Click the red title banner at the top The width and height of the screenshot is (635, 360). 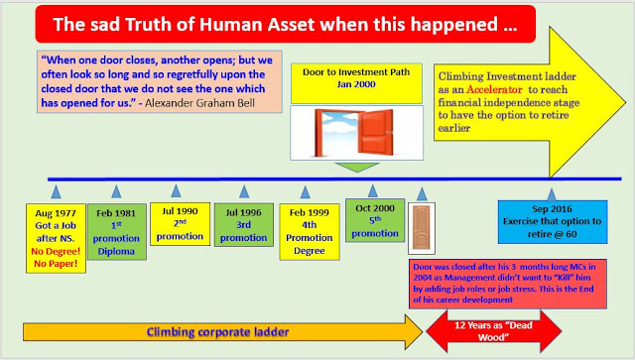click(x=286, y=24)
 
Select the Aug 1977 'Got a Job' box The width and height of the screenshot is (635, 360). click(x=56, y=239)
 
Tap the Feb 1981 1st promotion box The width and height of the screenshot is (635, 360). click(x=117, y=232)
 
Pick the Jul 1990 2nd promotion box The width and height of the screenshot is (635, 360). click(x=180, y=224)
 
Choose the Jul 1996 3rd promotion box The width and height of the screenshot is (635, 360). click(x=244, y=225)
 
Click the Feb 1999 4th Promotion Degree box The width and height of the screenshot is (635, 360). click(x=310, y=232)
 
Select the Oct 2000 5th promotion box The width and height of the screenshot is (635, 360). click(x=375, y=220)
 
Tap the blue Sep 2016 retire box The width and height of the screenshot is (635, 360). click(x=553, y=222)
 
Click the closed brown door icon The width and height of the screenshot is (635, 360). click(x=422, y=228)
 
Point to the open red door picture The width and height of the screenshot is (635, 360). click(x=357, y=133)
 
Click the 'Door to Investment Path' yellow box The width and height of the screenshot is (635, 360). click(x=356, y=83)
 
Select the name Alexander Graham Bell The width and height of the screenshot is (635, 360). click(x=200, y=103)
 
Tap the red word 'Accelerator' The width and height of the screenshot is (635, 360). click(x=494, y=89)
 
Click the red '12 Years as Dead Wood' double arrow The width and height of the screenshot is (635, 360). click(x=493, y=331)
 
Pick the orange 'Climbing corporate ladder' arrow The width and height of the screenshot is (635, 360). click(x=222, y=332)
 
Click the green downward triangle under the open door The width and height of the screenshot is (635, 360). click(x=357, y=168)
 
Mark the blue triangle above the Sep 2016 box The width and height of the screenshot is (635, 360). click(x=552, y=194)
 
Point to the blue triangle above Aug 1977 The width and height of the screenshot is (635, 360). click(x=56, y=192)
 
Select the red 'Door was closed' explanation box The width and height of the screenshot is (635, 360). click(x=508, y=284)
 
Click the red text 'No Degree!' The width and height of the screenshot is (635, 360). click(x=56, y=251)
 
